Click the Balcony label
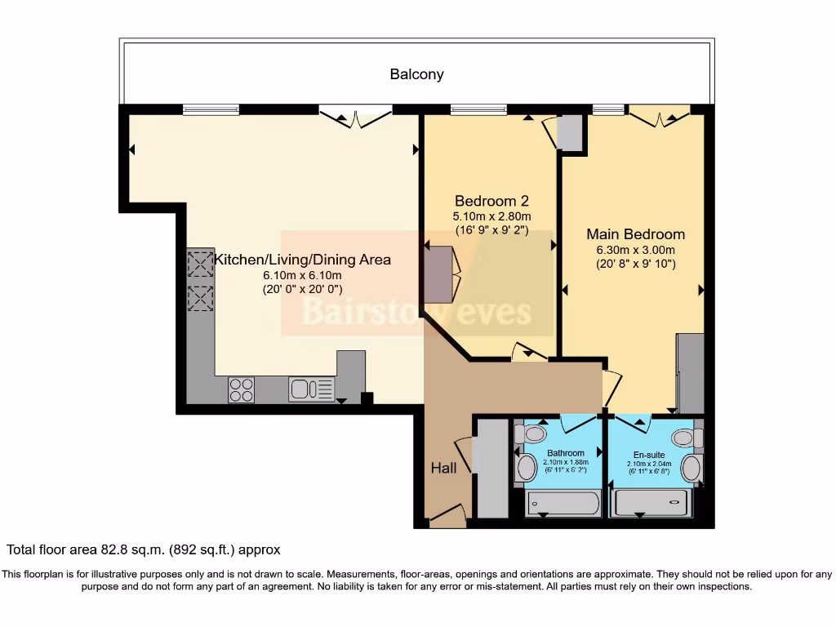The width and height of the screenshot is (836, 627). [416, 74]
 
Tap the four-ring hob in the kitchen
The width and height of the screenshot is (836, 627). [241, 389]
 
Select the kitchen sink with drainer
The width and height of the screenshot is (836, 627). [311, 389]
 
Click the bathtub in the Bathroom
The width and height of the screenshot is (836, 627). [563, 503]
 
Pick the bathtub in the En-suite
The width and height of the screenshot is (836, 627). [652, 503]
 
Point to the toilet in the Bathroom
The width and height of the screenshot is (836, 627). [533, 434]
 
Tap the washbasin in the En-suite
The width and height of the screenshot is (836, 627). [691, 469]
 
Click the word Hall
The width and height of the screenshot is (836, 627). [443, 468]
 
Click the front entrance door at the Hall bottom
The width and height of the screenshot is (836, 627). [447, 514]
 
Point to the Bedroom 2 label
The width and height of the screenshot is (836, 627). [486, 201]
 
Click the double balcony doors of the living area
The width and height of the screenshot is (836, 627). [354, 117]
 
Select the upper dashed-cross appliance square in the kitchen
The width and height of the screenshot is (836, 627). [200, 265]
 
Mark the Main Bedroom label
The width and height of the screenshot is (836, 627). [635, 234]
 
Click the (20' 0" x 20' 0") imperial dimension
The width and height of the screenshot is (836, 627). [301, 289]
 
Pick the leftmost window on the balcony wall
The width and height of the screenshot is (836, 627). [211, 109]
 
